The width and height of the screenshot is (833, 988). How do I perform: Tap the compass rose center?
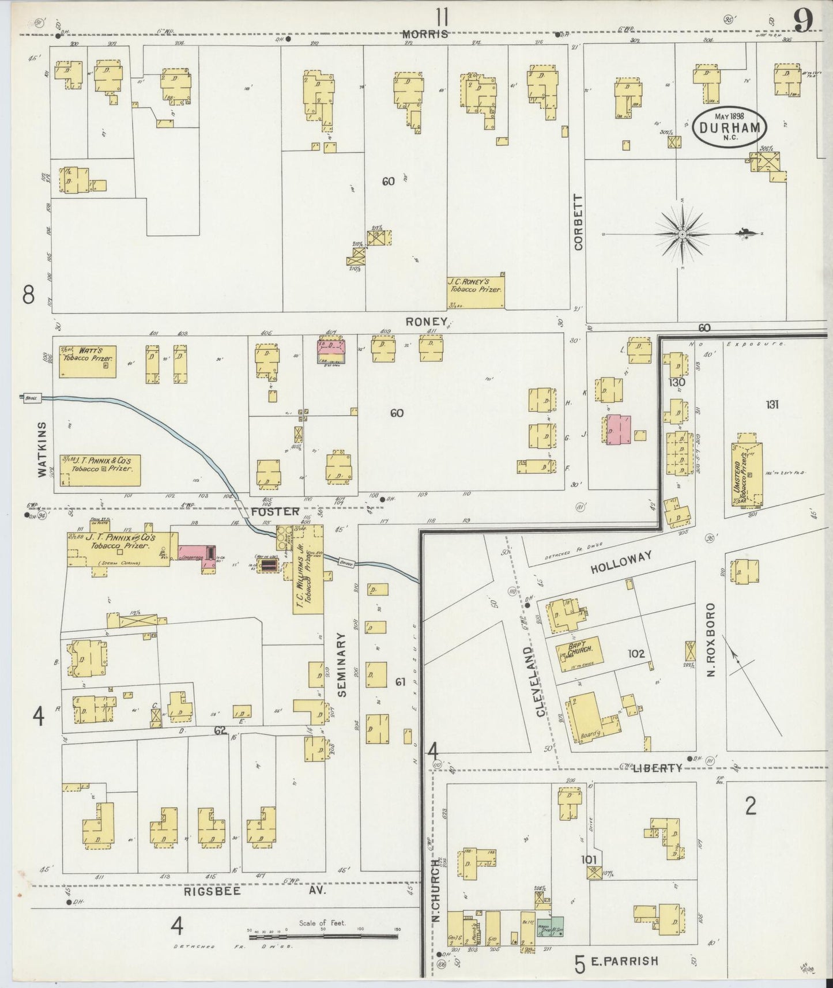click(683, 235)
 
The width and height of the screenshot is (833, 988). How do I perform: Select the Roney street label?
click(427, 322)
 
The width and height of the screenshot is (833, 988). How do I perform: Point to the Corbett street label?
click(579, 222)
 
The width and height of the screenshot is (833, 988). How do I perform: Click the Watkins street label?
click(42, 448)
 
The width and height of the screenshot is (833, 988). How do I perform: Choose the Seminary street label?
click(342, 665)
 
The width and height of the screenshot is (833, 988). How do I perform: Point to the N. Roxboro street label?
click(711, 640)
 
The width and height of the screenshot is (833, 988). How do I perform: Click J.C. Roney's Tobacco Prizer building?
click(476, 286)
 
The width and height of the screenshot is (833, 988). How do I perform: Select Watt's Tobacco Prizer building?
click(88, 361)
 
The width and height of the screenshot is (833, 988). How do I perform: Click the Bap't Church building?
click(578, 653)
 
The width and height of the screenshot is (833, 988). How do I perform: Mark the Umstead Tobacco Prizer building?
click(747, 474)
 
